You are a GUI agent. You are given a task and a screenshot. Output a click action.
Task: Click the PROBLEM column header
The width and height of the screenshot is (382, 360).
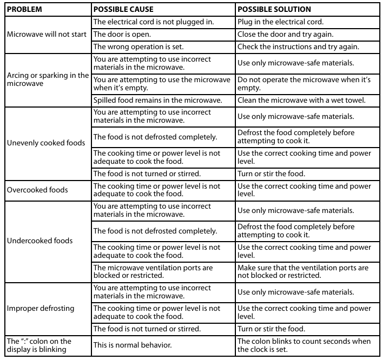click(24, 10)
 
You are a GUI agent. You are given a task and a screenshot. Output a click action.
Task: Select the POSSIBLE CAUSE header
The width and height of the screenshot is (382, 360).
click(123, 10)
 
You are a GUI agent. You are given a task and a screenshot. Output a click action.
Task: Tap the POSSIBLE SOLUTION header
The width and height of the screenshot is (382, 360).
click(274, 10)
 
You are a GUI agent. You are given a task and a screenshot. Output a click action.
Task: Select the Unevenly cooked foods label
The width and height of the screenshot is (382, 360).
click(46, 143)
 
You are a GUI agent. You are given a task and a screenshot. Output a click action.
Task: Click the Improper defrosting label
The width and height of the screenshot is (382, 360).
click(41, 309)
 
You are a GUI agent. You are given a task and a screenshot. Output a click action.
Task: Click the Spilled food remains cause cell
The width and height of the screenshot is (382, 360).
click(157, 100)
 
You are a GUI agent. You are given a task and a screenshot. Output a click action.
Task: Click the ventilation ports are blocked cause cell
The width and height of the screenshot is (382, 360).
click(153, 271)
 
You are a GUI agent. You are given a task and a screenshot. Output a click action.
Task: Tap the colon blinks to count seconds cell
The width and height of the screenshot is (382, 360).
click(304, 345)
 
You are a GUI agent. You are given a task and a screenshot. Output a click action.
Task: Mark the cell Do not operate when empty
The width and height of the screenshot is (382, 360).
click(304, 84)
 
